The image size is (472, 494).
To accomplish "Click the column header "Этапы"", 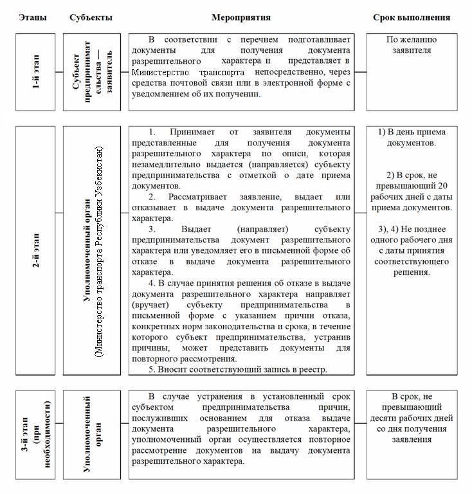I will (x=33, y=17).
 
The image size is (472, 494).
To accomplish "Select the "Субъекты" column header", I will (x=91, y=17).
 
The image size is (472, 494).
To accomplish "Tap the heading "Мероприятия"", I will (x=241, y=17).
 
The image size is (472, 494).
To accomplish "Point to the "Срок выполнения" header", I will (x=412, y=17).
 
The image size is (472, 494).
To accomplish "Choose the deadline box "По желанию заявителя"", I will (x=412, y=44).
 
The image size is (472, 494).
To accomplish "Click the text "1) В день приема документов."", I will (x=412, y=137).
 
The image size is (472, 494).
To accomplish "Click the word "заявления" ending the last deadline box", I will (x=412, y=440).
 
